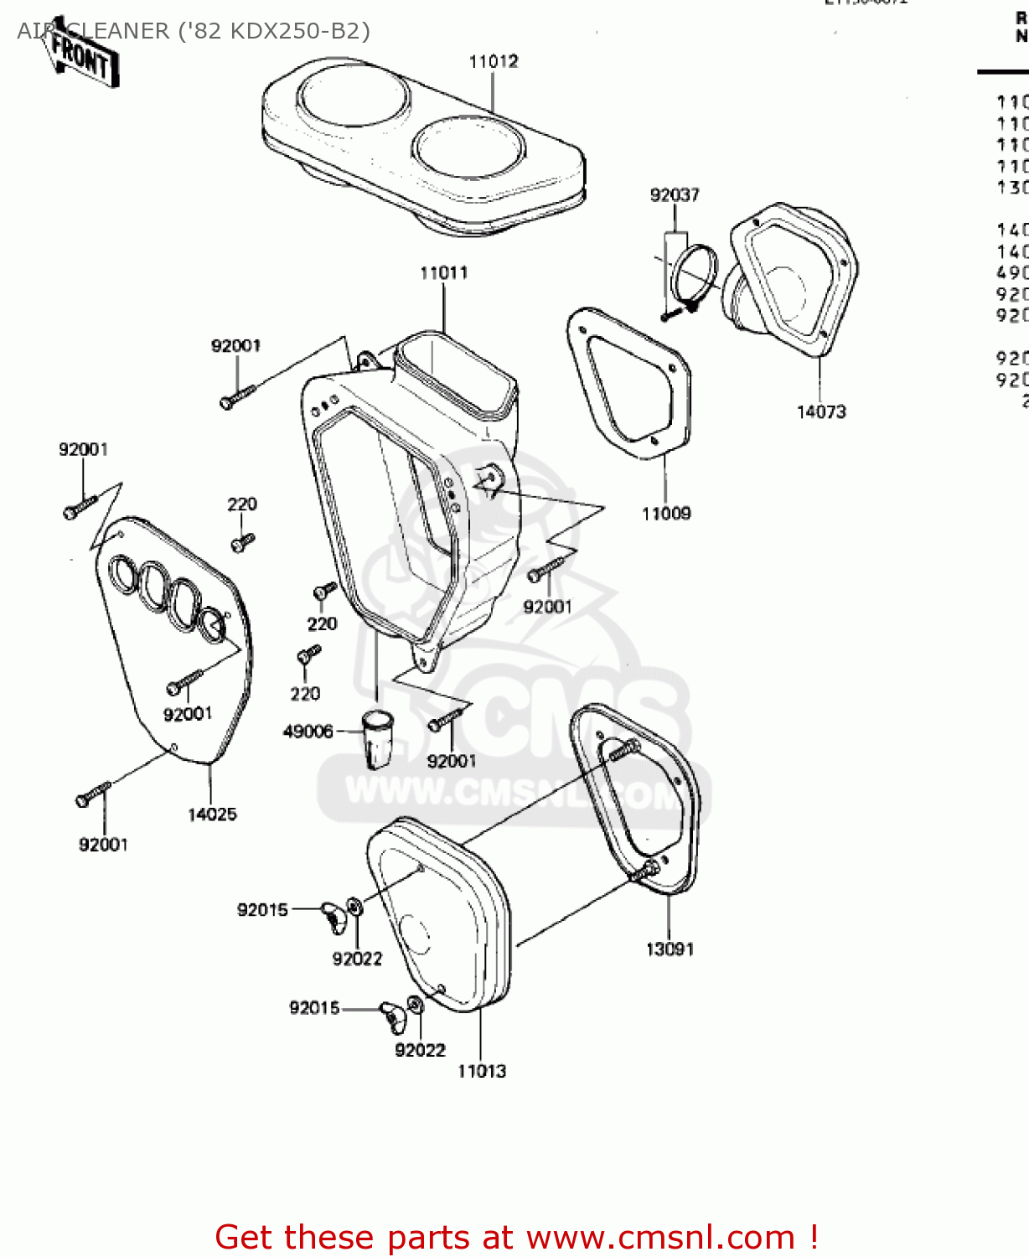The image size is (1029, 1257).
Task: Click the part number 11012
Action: [493, 61]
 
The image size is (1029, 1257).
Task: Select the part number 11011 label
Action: [443, 272]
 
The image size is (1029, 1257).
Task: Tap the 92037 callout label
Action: [674, 194]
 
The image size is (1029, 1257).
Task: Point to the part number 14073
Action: [820, 411]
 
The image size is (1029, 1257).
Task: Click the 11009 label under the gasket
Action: [666, 514]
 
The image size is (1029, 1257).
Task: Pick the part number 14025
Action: [212, 814]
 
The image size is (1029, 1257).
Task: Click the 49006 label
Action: [308, 732]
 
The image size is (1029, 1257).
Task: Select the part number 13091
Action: [670, 949]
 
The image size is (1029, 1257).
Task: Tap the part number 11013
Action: [482, 1071]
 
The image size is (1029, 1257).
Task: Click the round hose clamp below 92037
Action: [695, 272]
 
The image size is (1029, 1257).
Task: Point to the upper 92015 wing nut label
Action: [262, 910]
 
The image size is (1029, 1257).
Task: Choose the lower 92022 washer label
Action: [420, 1050]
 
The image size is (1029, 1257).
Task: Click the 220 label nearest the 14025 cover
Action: [241, 504]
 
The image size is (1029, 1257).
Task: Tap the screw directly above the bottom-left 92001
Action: [92, 794]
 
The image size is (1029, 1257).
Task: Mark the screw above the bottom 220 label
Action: [308, 654]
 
